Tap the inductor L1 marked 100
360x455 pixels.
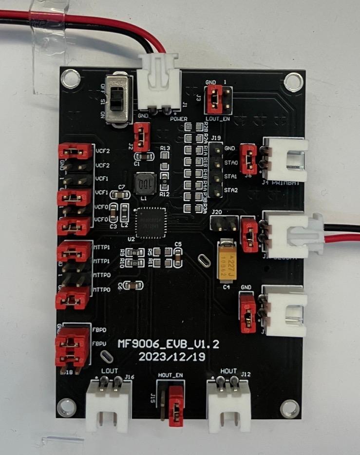(x=144, y=184)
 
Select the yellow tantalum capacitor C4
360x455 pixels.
(x=227, y=261)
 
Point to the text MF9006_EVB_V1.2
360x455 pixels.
(x=169, y=344)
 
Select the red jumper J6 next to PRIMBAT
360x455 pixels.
(x=249, y=159)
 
